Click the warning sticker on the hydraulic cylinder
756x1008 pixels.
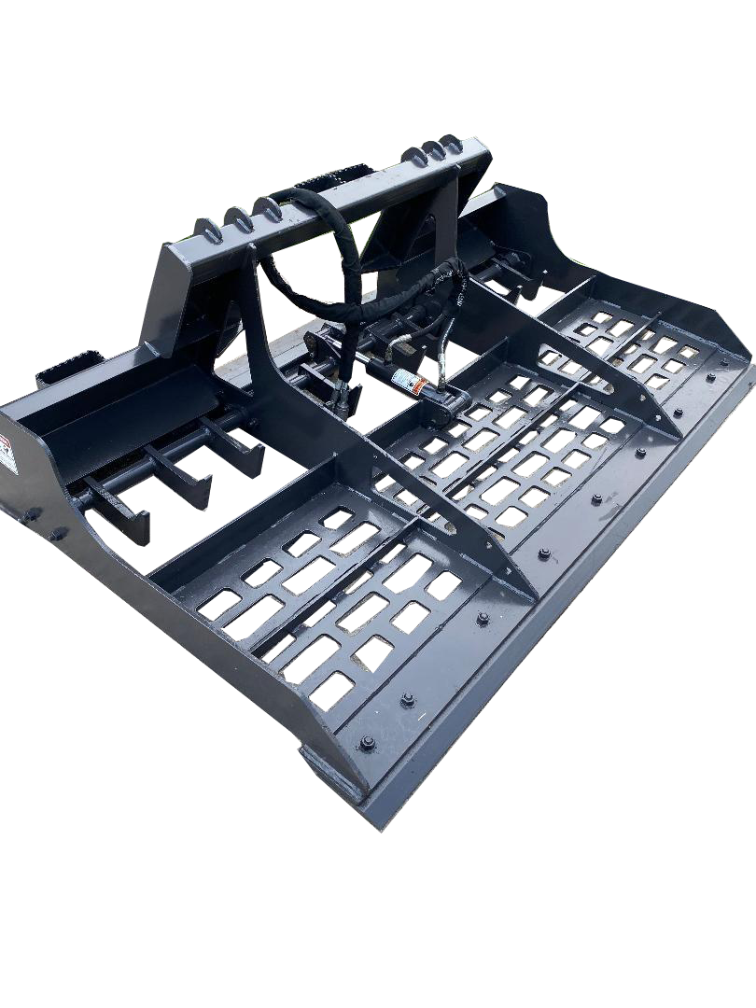[407, 381]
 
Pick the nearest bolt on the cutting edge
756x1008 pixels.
[366, 744]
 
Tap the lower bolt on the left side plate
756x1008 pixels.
[58, 534]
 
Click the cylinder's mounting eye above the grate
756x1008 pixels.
[446, 403]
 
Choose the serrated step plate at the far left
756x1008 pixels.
[65, 371]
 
